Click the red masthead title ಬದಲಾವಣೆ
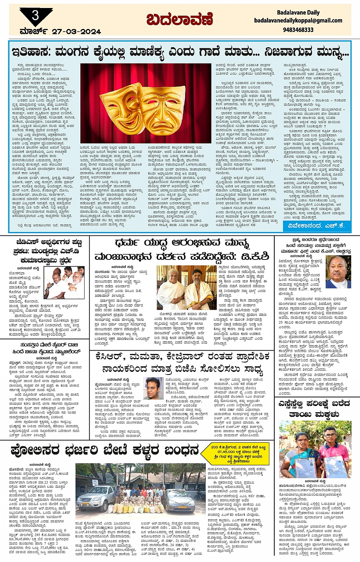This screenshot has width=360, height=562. (x=174, y=20)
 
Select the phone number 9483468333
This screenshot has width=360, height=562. (x=298, y=30)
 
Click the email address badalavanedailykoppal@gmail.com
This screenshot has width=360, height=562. (x=298, y=21)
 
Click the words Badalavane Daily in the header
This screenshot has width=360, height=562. (x=298, y=12)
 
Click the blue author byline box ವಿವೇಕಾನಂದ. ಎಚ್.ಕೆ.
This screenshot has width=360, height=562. (x=316, y=226)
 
